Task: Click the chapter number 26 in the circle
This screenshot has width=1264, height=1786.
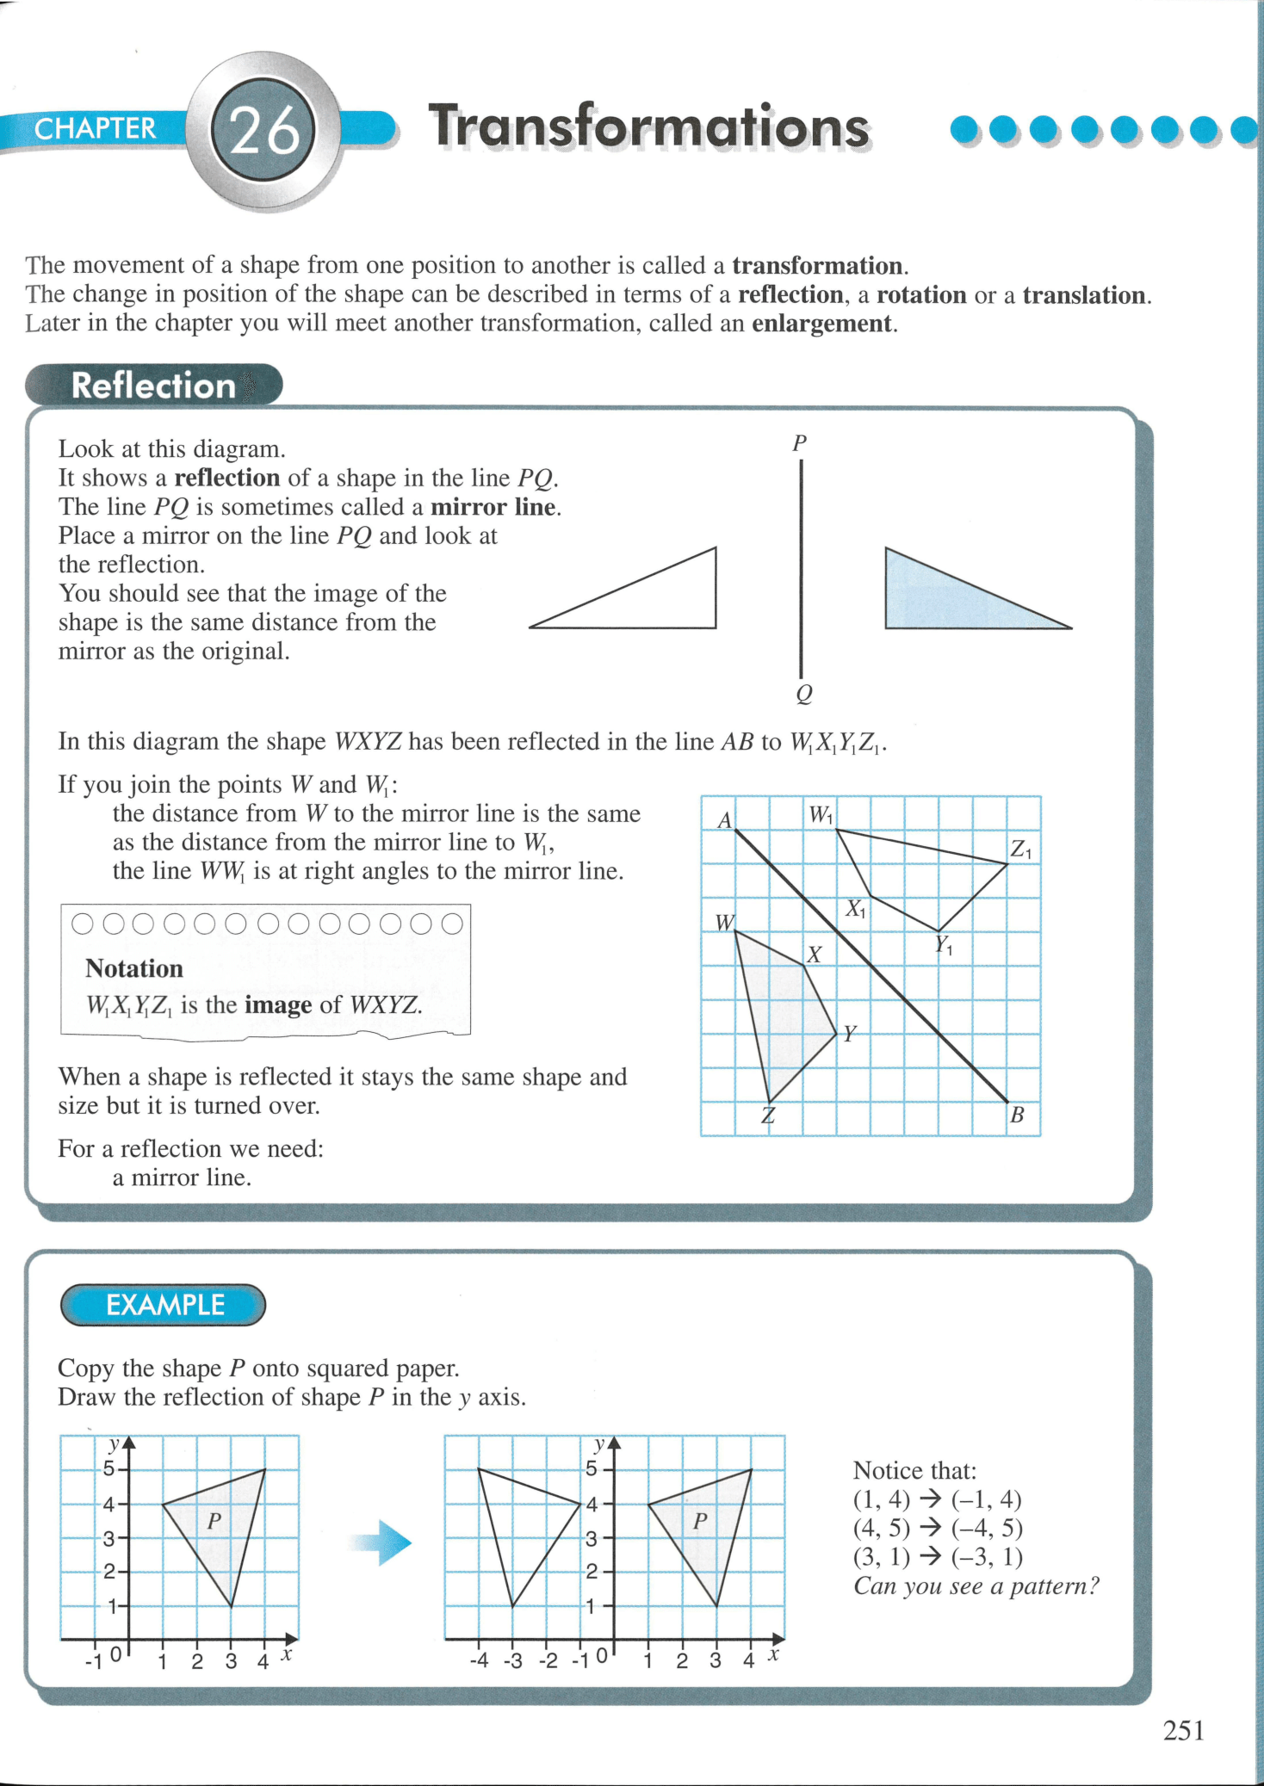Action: click(x=264, y=131)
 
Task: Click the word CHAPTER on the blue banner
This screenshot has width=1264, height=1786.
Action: click(x=95, y=128)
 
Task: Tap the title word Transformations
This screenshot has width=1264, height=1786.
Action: click(x=648, y=127)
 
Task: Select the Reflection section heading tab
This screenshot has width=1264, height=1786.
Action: click(x=153, y=385)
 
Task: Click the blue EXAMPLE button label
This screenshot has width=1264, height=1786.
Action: click(x=164, y=1305)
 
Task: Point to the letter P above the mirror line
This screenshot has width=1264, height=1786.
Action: click(x=799, y=443)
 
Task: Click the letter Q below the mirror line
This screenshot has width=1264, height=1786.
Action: click(x=803, y=694)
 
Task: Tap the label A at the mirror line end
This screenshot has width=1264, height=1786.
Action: click(x=725, y=820)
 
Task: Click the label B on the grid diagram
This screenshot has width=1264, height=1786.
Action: click(x=1017, y=1115)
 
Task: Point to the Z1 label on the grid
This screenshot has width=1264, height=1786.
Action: click(x=1021, y=849)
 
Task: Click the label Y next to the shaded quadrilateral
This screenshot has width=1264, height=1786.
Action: click(x=850, y=1034)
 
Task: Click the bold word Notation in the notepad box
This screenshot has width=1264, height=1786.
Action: click(x=134, y=969)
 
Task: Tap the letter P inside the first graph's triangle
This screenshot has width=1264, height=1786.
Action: click(x=214, y=1522)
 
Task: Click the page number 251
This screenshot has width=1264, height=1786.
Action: click(x=1183, y=1730)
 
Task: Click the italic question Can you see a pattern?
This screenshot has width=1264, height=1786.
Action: click(x=976, y=1586)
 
